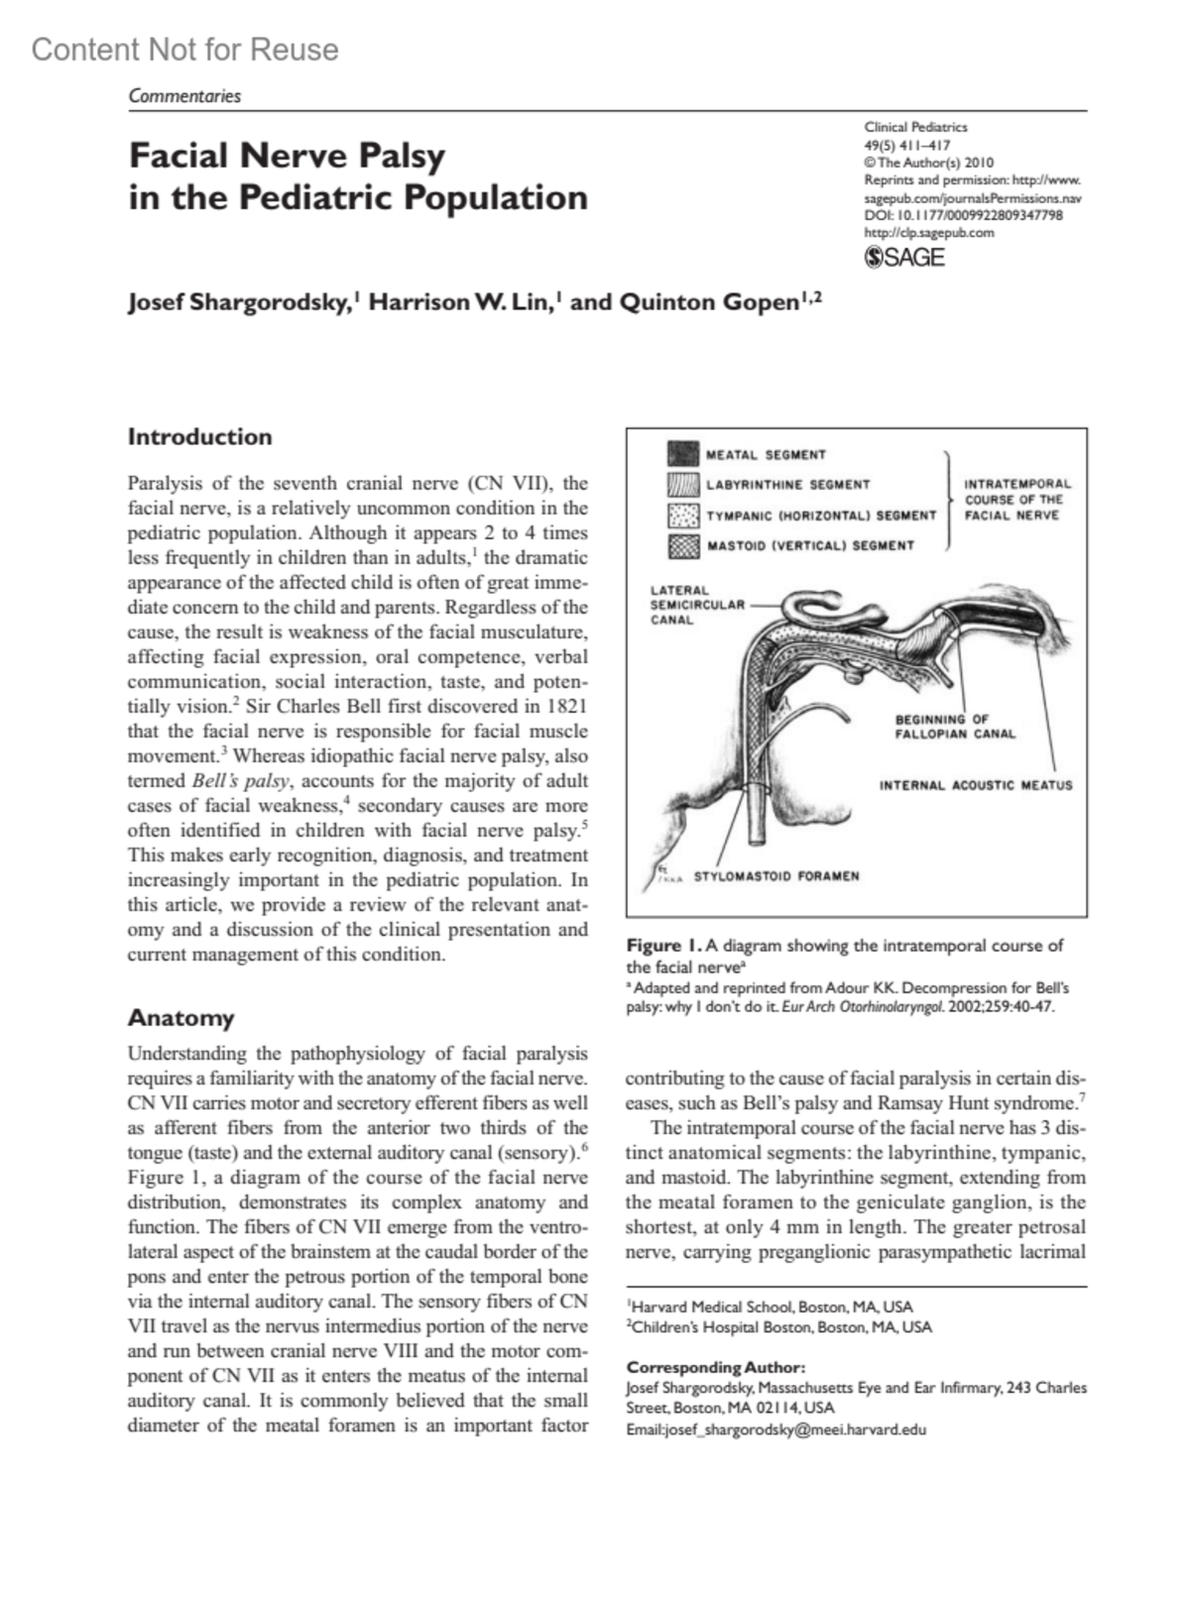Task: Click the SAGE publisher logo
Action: tap(904, 258)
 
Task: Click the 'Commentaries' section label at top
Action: tap(184, 96)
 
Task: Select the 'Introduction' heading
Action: tap(199, 437)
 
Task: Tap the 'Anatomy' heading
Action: tap(180, 1018)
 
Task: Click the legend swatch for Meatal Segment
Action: tap(683, 454)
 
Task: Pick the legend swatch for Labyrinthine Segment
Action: tap(683, 485)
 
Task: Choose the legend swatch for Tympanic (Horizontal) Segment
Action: tap(683, 515)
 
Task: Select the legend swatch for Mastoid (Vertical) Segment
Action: tap(683, 545)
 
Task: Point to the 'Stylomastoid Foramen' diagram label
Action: tap(775, 876)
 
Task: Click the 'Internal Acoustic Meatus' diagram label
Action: tap(976, 785)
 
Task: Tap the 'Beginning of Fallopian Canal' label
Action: tap(954, 727)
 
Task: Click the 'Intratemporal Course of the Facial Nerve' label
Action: tap(1016, 500)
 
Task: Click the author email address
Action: tap(775, 1429)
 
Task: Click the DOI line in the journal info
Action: tap(963, 215)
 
